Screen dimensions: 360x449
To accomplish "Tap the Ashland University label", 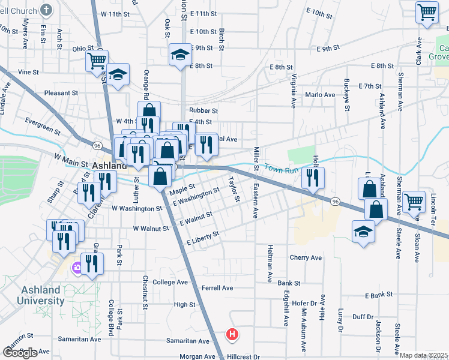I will click(x=41, y=295).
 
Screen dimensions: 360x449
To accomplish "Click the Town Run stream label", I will click(x=282, y=170).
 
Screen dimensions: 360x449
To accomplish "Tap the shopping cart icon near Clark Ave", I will click(x=426, y=11).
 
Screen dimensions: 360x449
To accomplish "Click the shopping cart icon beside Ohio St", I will click(x=96, y=59).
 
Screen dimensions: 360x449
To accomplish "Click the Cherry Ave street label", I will click(x=306, y=257).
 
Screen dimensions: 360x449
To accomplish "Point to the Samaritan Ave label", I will click(x=79, y=339).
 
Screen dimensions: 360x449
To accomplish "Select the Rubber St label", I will click(x=203, y=110).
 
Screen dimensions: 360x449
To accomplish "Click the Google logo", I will click(x=20, y=353).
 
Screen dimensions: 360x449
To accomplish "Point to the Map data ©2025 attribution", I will click(x=424, y=355).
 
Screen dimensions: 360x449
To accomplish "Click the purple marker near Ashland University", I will click(x=76, y=268).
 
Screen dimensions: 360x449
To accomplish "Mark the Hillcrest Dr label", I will click(x=243, y=356).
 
